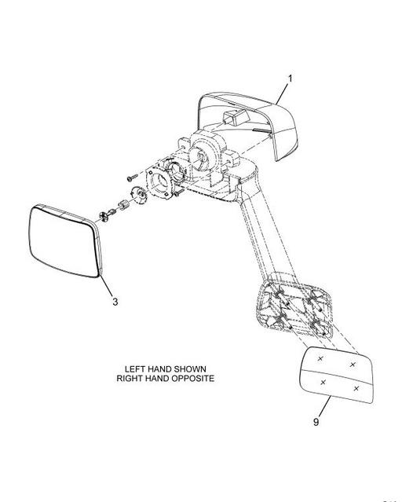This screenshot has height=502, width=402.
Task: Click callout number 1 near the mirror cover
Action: click(x=291, y=79)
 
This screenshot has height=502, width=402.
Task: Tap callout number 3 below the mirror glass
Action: click(x=115, y=302)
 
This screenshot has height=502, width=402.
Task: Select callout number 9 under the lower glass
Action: click(x=316, y=422)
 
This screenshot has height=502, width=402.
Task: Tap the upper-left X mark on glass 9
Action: click(x=320, y=358)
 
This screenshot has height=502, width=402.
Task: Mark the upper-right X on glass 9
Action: click(x=353, y=365)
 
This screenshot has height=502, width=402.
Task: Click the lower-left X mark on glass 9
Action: click(x=323, y=382)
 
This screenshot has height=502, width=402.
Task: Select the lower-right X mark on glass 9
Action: click(x=356, y=388)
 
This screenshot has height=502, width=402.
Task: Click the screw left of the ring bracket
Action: click(x=132, y=177)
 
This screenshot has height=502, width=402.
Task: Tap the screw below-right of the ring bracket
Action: click(x=179, y=192)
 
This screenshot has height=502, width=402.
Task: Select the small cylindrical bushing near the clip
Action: click(x=123, y=204)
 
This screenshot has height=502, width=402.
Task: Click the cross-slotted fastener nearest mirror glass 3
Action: click(x=104, y=216)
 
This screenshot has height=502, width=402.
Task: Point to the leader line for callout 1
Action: click(x=282, y=93)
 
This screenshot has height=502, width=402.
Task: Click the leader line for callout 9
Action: click(x=324, y=407)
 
